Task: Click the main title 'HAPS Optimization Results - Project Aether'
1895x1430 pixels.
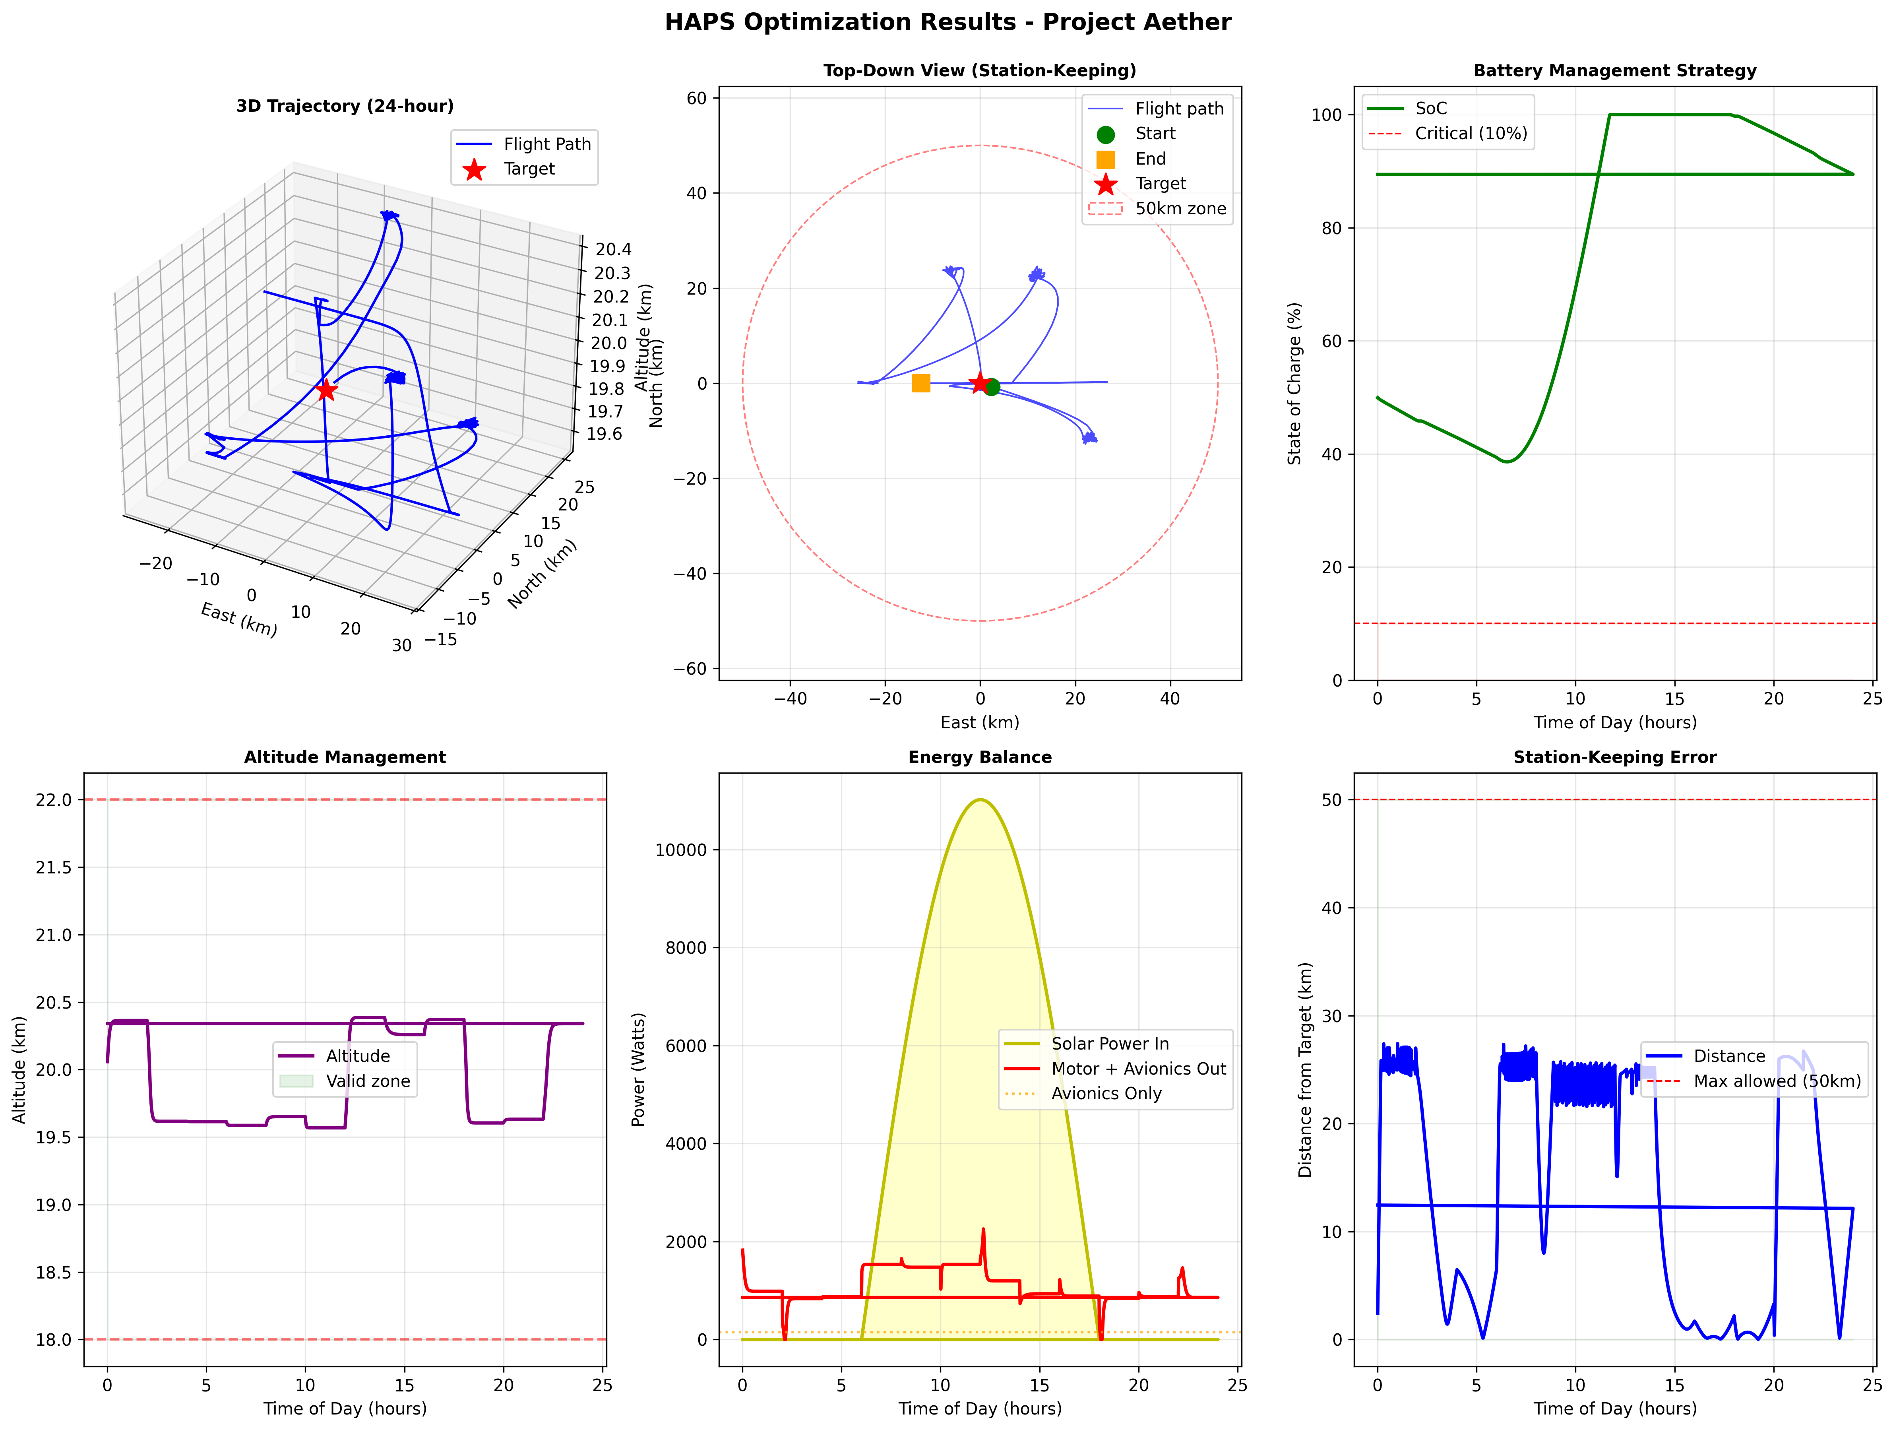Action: (947, 22)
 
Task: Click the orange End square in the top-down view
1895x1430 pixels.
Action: (921, 383)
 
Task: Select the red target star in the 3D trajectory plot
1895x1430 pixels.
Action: (326, 390)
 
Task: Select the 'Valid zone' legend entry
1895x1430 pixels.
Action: (368, 1081)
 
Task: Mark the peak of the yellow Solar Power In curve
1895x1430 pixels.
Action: (980, 800)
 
